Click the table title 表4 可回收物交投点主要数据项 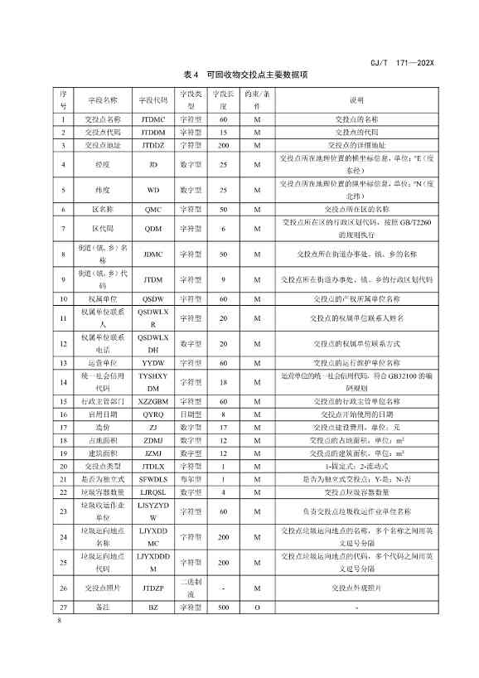246,75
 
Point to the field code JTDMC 153,120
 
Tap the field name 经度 104,165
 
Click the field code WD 153,190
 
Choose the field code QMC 153,210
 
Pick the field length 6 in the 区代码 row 224,228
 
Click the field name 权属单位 104,298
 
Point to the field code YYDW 153,362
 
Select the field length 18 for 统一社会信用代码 224,381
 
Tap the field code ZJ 153,426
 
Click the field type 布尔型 191,477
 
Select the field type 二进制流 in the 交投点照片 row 191,588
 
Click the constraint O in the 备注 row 258,608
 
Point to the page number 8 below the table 60,621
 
